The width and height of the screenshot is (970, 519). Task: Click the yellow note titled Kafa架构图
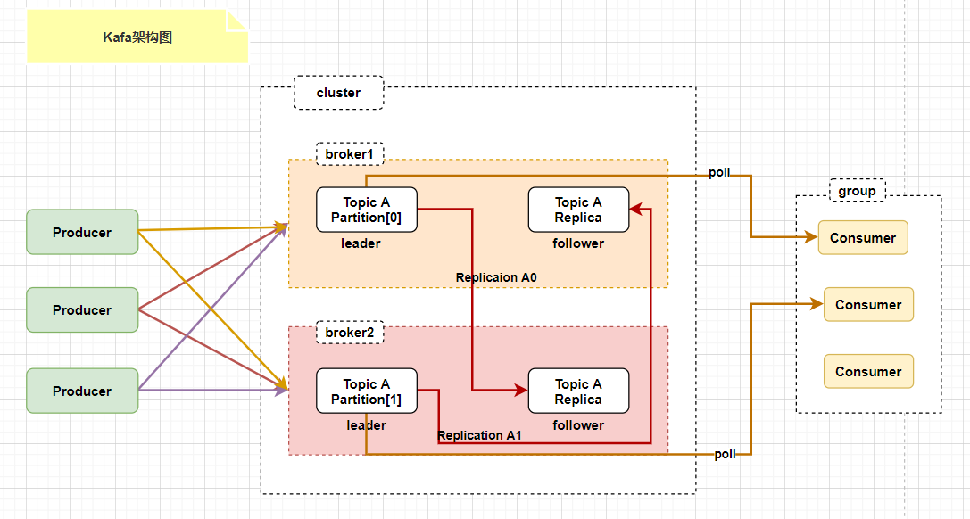click(137, 37)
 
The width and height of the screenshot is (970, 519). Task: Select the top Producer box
click(82, 233)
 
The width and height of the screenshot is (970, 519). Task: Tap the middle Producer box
click(82, 309)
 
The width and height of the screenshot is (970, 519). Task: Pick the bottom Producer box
click(82, 391)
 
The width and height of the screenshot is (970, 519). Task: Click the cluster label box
click(338, 93)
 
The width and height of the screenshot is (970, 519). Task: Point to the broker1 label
click(350, 154)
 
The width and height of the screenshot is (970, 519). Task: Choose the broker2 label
click(350, 333)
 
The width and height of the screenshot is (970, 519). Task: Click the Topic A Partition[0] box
click(366, 210)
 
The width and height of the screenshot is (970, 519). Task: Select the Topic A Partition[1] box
click(366, 391)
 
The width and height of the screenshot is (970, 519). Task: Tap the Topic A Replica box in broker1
click(578, 210)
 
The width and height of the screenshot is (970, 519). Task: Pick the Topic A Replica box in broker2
click(578, 391)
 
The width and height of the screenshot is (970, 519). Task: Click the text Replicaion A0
click(496, 277)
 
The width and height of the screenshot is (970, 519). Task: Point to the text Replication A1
click(479, 435)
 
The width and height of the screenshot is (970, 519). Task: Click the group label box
click(857, 191)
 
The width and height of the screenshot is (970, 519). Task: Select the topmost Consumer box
click(863, 238)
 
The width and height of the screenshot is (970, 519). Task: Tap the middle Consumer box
click(868, 305)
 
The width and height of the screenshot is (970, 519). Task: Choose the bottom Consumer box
click(868, 371)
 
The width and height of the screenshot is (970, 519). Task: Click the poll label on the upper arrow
click(719, 172)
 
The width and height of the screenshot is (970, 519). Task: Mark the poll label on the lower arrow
click(725, 454)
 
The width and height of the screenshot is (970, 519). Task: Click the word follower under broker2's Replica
click(578, 425)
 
